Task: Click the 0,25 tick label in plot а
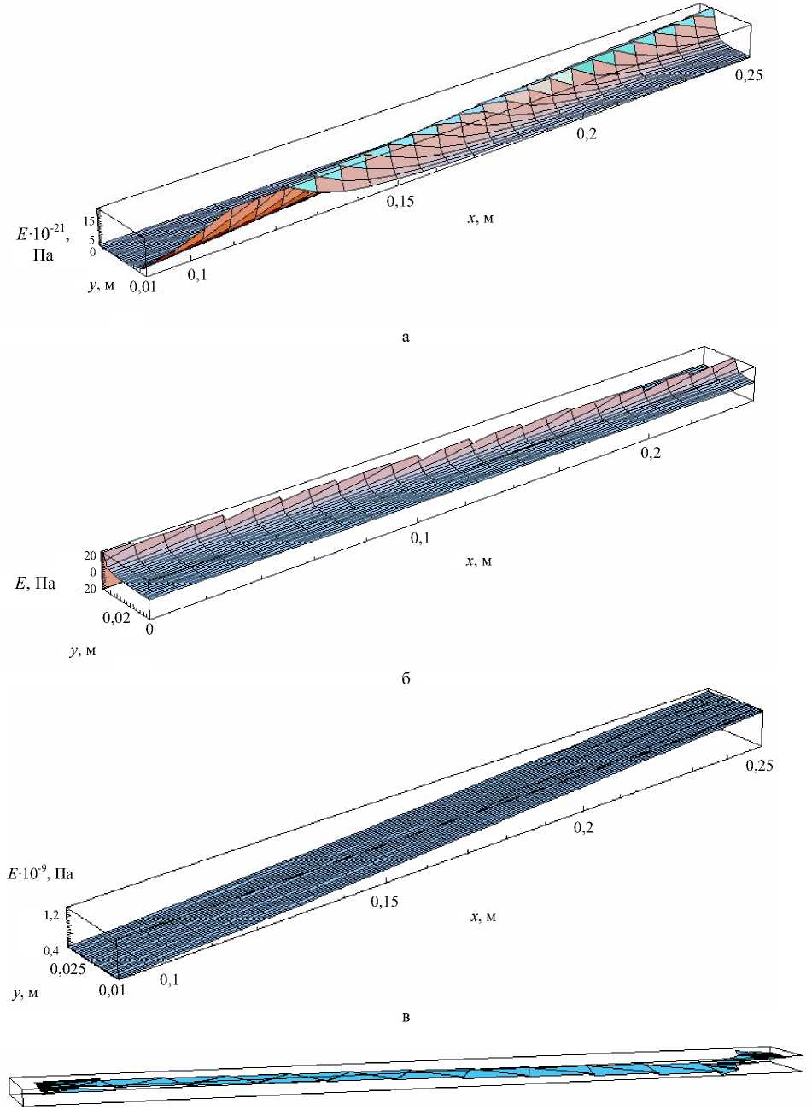pyautogui.click(x=749, y=75)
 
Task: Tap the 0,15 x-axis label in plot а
pyautogui.click(x=400, y=201)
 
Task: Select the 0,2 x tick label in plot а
pyautogui.click(x=587, y=134)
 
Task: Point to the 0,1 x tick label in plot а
pyautogui.click(x=197, y=274)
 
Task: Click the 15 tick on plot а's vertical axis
pyautogui.click(x=88, y=221)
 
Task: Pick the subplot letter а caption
pyautogui.click(x=406, y=338)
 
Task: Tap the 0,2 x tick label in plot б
pyautogui.click(x=651, y=452)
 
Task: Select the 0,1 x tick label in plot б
pyautogui.click(x=420, y=537)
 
